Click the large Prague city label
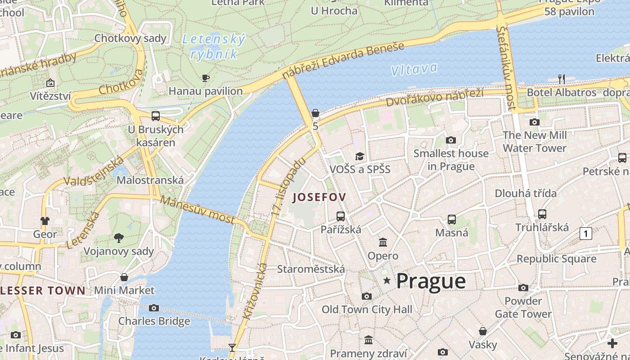click(x=431, y=281)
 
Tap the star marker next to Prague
click(x=387, y=281)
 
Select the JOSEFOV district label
click(x=319, y=197)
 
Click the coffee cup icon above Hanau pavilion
click(x=206, y=78)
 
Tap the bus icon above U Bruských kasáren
click(x=156, y=116)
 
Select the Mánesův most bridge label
click(x=198, y=210)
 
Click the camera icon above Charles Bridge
click(x=154, y=308)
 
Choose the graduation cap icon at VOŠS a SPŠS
click(x=360, y=156)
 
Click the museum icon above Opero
click(x=383, y=243)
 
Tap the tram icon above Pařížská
click(x=341, y=216)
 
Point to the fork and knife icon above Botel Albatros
click(x=561, y=79)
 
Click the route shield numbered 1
click(x=585, y=234)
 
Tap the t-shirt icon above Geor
click(x=45, y=221)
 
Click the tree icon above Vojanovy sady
click(x=119, y=238)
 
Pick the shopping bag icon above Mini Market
click(x=124, y=277)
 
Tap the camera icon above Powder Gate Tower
click(x=523, y=288)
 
